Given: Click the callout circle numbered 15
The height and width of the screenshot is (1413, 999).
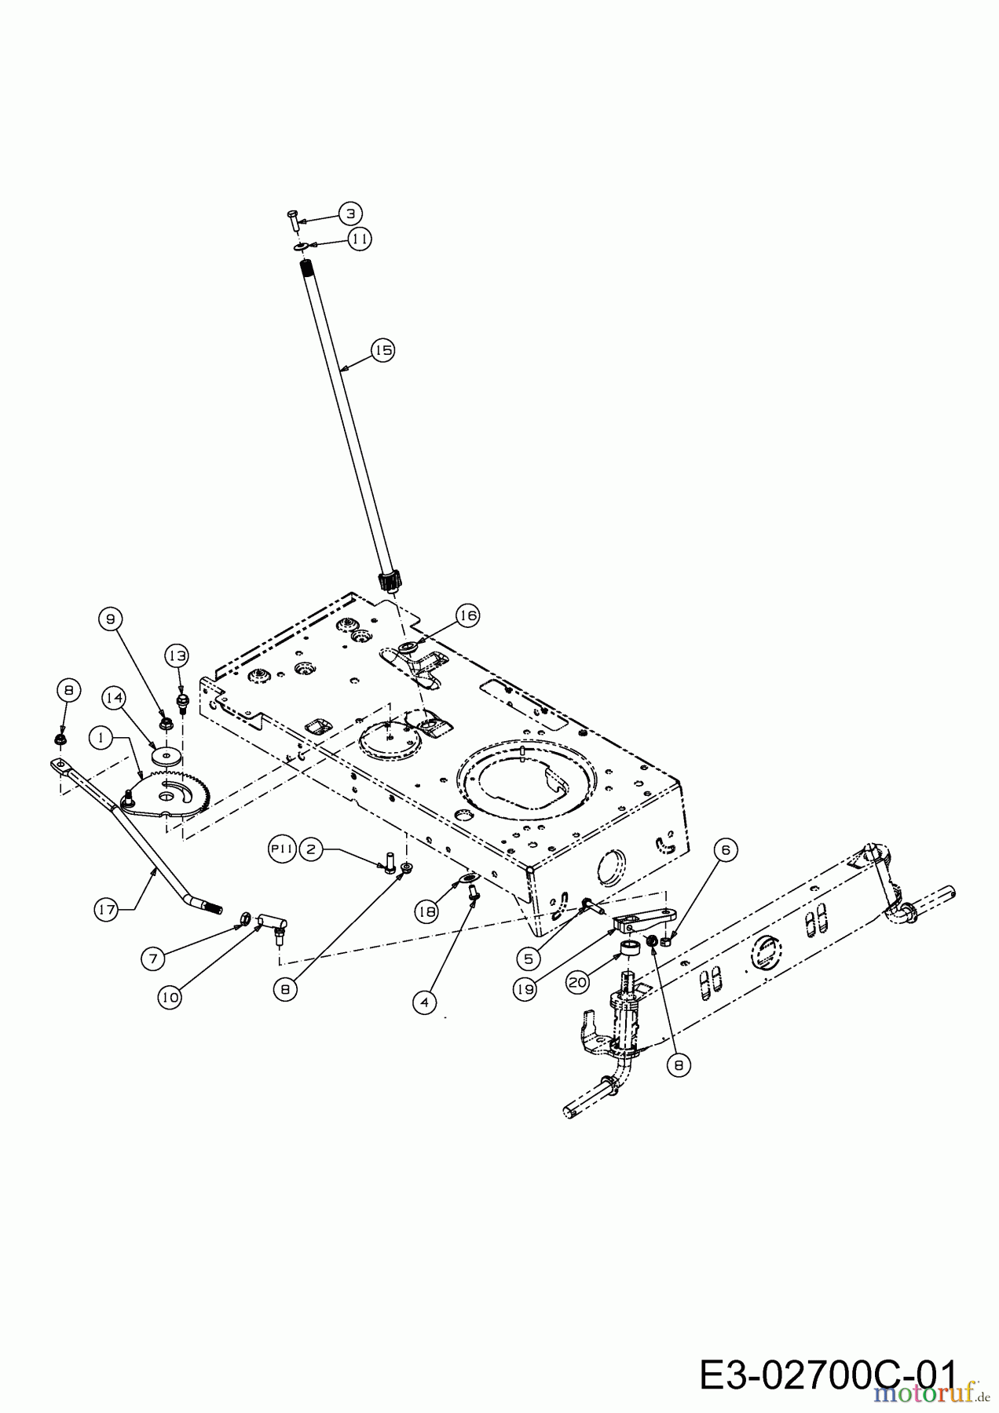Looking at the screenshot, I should point(382,349).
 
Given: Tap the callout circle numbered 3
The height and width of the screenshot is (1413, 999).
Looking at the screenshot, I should point(351,213).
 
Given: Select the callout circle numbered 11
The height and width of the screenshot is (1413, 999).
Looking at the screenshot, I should point(360,238).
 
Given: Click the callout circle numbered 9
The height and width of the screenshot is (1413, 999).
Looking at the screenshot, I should point(111,619).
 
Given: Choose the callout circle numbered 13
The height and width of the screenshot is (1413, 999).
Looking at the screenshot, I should point(177,655).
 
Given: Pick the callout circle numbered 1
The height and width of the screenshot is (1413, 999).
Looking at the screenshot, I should point(100,737).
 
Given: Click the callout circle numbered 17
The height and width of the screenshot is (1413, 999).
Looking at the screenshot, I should point(107,910).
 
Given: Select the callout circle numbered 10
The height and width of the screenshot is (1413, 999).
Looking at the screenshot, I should point(170,997).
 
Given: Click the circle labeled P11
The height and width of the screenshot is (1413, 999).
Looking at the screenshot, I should point(282,849).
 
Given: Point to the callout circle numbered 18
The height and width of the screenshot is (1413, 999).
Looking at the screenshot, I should point(427,911).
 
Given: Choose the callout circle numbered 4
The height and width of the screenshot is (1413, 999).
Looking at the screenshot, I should point(424,1002).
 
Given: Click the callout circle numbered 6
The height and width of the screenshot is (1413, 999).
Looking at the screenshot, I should point(725,849).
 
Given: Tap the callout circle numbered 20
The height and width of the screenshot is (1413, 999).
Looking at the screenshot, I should point(578,981).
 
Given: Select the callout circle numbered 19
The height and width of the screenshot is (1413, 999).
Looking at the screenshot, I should point(525,990).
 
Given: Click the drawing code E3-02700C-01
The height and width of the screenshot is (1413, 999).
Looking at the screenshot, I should point(827,1378).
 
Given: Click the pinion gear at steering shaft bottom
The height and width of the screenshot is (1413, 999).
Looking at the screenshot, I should point(390,582).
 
